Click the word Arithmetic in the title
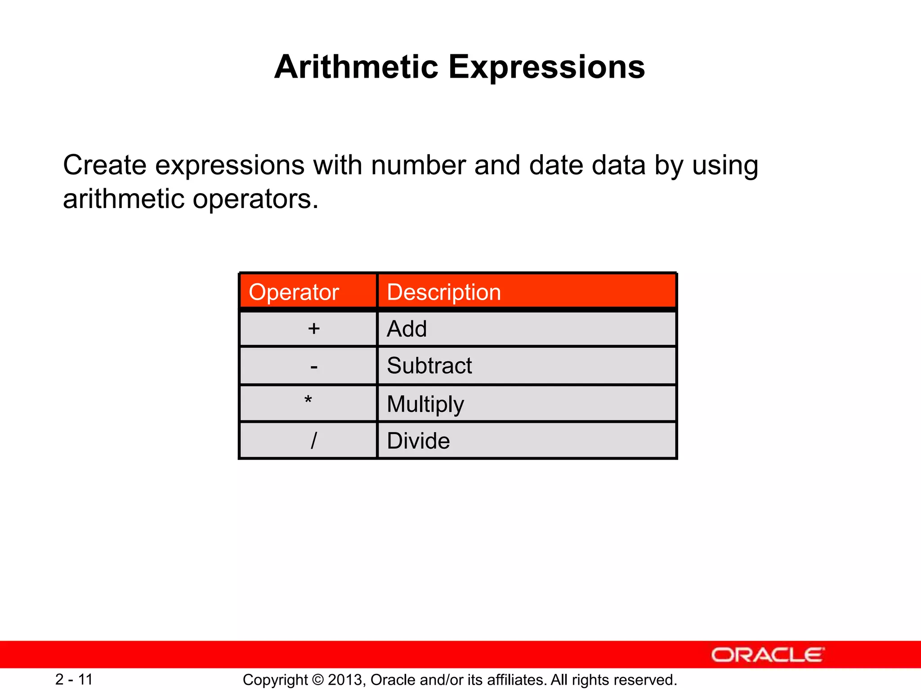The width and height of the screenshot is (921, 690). point(356,67)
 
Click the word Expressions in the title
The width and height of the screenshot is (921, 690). point(546,67)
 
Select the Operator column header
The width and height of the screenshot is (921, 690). point(294,292)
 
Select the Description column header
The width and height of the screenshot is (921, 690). point(443,292)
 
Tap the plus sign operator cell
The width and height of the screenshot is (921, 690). point(313,329)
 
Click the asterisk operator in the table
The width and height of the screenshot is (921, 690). point(308,400)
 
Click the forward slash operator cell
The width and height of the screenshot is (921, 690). point(313,441)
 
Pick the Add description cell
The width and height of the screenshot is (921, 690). point(407,329)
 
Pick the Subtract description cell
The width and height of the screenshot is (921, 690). point(429,366)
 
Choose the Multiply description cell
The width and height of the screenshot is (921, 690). point(425,404)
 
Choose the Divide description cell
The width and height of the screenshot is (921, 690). point(418,441)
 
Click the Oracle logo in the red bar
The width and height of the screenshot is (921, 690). point(767,655)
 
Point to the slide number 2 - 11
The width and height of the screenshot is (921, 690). point(74,679)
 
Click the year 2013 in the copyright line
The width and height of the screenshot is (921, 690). point(346,680)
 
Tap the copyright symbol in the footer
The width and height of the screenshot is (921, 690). point(317,680)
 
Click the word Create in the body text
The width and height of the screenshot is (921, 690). point(104,165)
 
